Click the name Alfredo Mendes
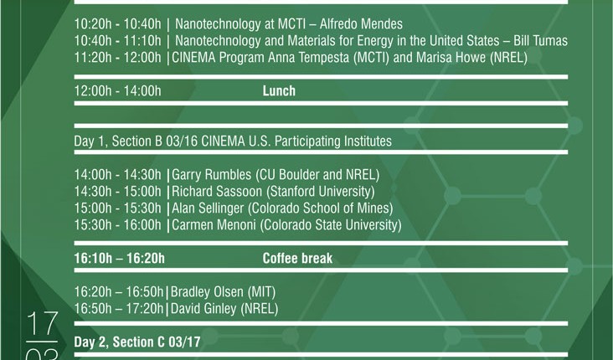[x=361, y=23]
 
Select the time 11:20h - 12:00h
[x=118, y=58]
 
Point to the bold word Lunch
[x=279, y=90]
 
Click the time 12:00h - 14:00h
[x=118, y=90]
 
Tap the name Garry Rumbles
[x=212, y=174]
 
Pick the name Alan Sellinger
[x=208, y=208]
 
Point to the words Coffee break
[x=297, y=258]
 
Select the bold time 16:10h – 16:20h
[x=119, y=258]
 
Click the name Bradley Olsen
[x=207, y=291]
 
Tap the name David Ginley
[x=203, y=308]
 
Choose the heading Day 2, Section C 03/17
[x=137, y=342]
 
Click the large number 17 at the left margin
[x=42, y=324]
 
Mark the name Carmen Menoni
[x=214, y=224]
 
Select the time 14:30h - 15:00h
[x=118, y=191]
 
